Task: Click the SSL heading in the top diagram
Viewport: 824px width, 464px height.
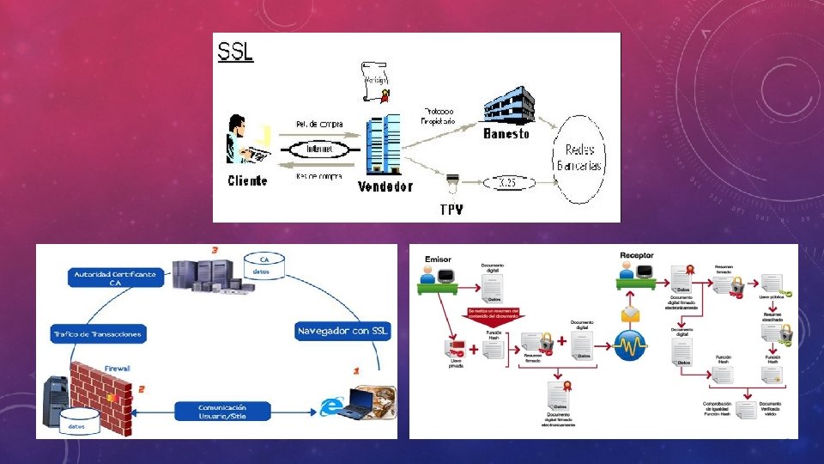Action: (x=236, y=51)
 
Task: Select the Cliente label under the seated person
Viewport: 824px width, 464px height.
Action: (x=247, y=180)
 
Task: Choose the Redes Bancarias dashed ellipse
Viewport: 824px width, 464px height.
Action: (x=580, y=156)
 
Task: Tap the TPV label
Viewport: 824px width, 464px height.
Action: (x=451, y=209)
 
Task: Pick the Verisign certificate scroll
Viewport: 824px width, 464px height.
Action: (x=374, y=82)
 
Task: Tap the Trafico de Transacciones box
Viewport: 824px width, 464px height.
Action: (x=97, y=333)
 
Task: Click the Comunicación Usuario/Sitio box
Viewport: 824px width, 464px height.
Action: (x=222, y=411)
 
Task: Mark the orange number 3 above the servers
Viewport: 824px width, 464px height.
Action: (x=214, y=249)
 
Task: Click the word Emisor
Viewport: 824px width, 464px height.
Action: (x=438, y=259)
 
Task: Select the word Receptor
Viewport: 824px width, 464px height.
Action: (x=637, y=255)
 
